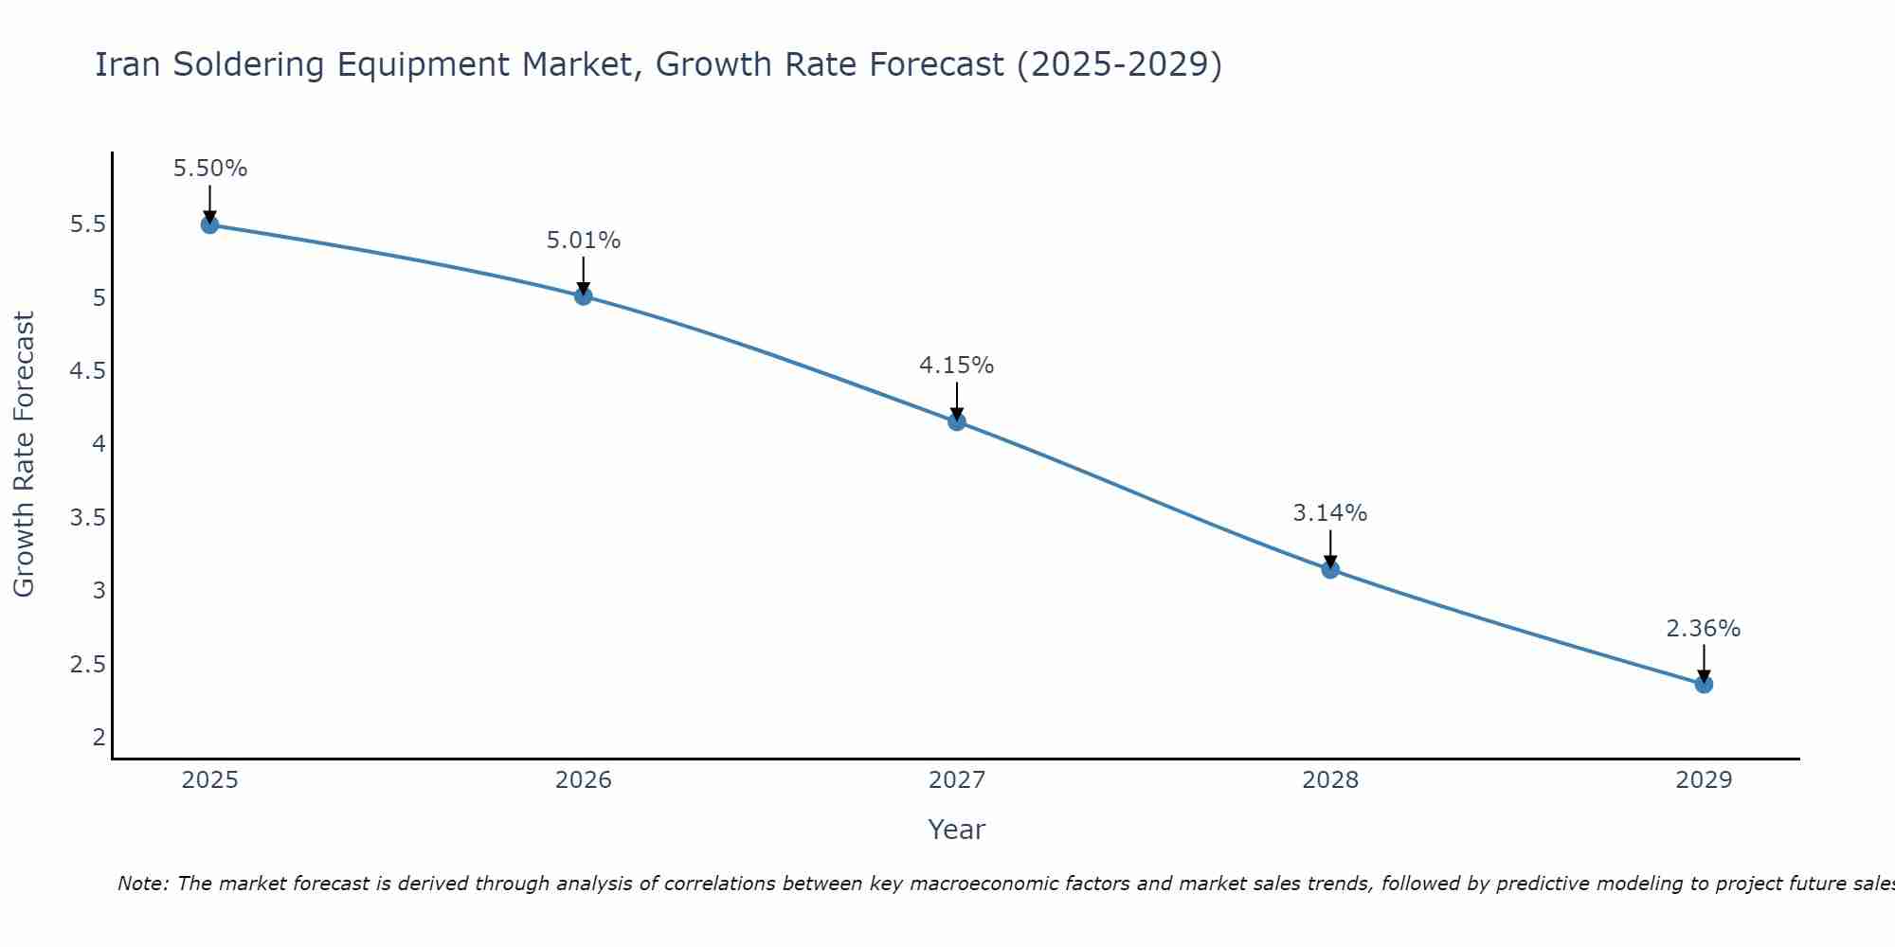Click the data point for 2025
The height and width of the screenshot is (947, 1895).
pos(209,224)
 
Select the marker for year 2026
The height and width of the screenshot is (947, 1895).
pos(583,296)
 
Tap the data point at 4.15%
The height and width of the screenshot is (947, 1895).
pos(956,421)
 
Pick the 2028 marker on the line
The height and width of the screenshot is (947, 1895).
pos(1329,569)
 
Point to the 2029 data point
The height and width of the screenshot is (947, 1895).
pos(1703,684)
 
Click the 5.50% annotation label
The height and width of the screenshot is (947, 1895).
pos(209,169)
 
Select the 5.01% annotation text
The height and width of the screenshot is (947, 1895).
pos(583,241)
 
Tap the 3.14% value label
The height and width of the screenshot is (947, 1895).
pos(1329,513)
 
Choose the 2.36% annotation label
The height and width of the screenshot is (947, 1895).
pos(1703,629)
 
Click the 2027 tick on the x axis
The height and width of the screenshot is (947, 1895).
pos(956,780)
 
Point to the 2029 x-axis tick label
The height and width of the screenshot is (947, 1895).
pos(1703,780)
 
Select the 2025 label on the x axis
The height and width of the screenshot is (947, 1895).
pos(209,780)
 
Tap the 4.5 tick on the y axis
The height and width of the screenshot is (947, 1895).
pos(87,371)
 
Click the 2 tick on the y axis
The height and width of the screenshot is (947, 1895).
pos(99,737)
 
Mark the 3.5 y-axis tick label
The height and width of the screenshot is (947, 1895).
pos(87,517)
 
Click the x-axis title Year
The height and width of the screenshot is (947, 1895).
pos(956,830)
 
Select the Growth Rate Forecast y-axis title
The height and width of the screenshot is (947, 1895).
pos(24,455)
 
